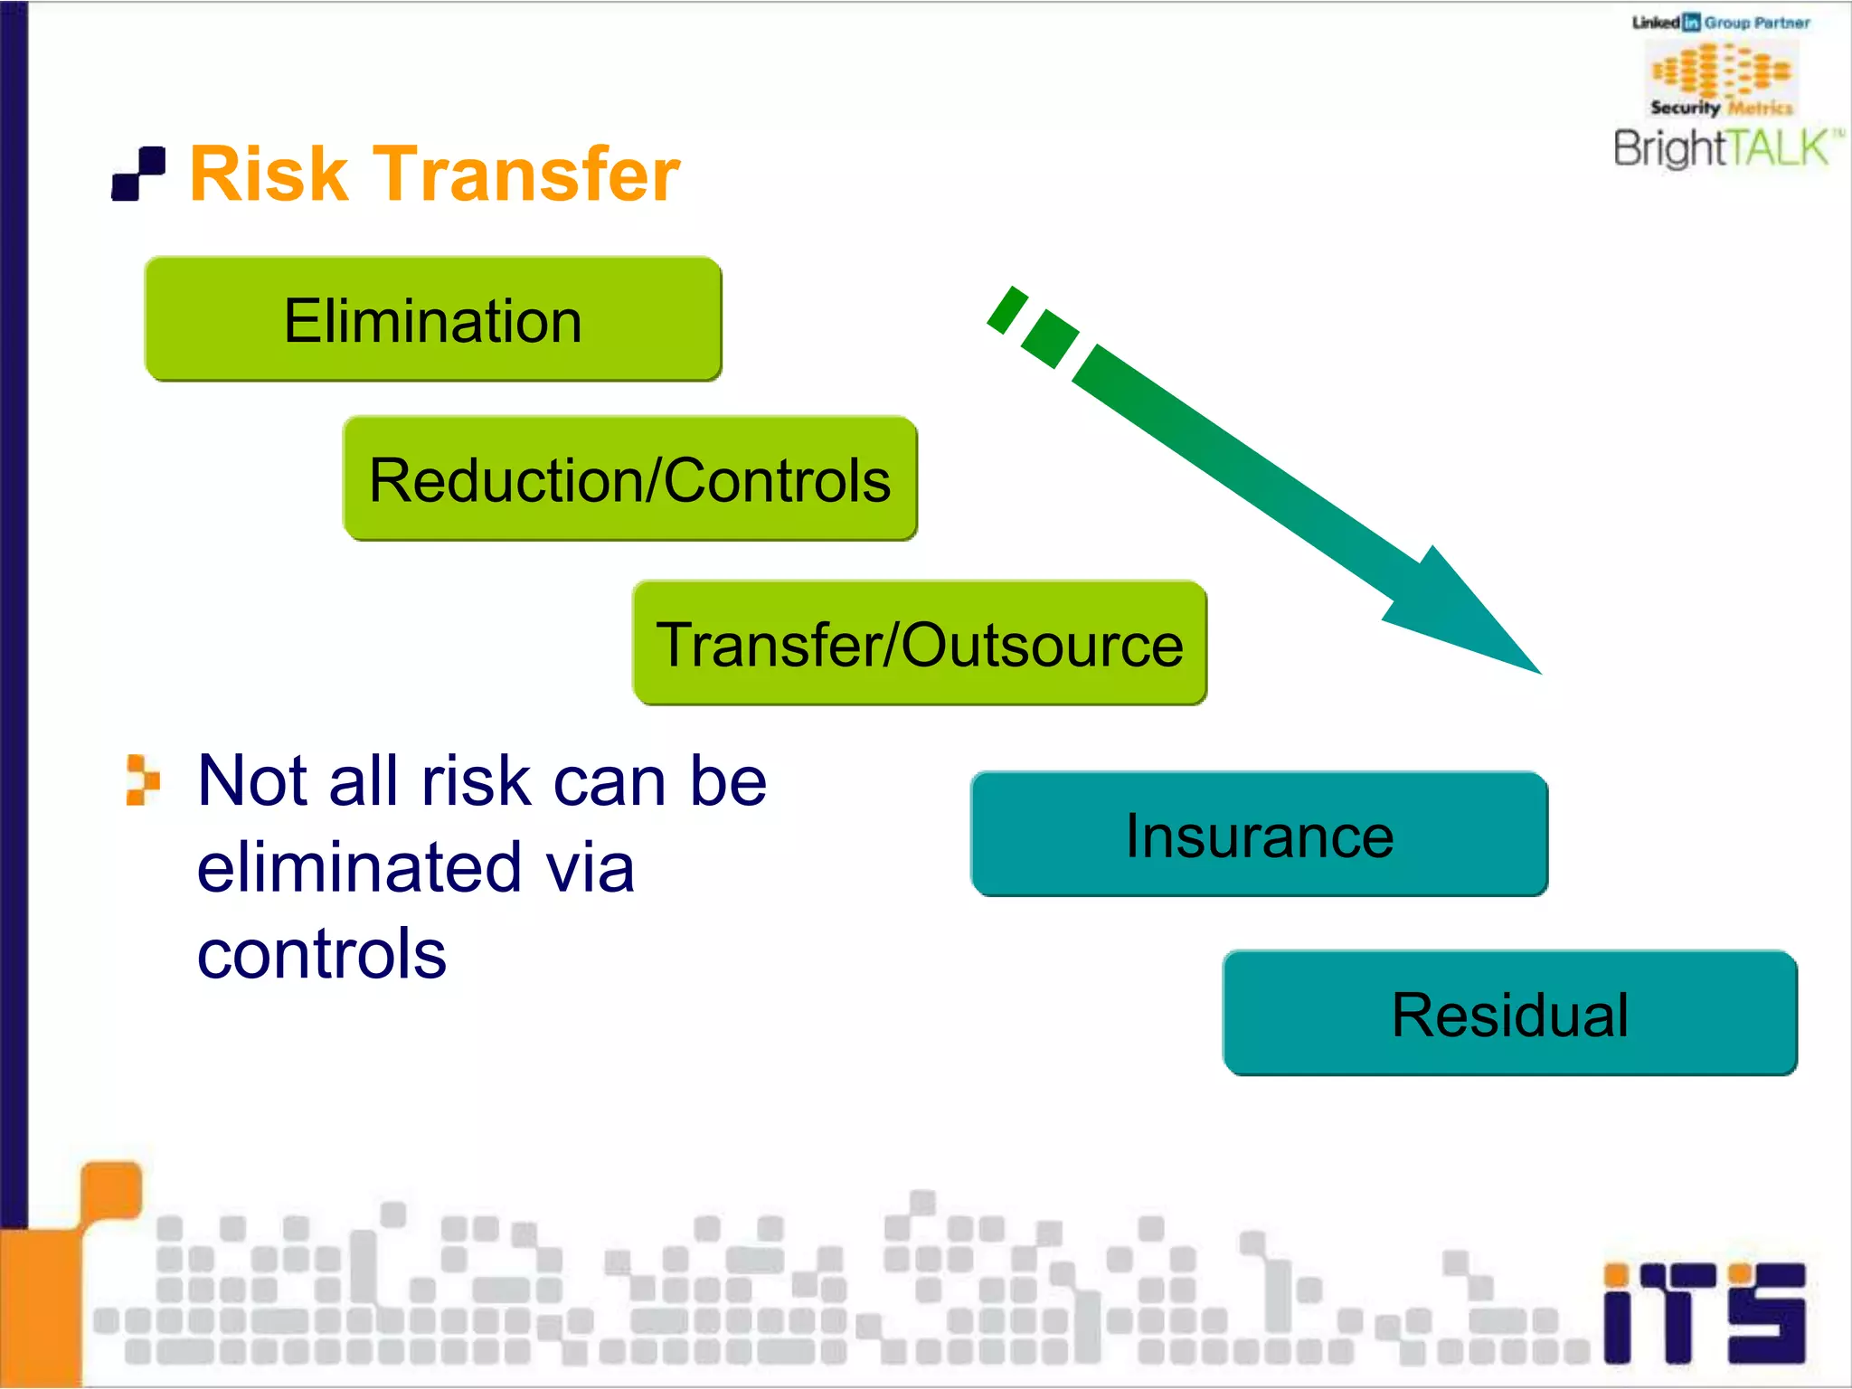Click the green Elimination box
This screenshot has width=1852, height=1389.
coord(432,319)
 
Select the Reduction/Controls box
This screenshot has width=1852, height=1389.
coord(629,478)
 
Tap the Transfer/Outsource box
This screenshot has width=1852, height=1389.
coord(919,643)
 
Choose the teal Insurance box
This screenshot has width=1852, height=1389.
coord(1259,834)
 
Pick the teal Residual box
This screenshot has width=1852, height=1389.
coord(1509,1013)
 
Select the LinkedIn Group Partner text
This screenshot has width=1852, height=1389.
coord(1721,23)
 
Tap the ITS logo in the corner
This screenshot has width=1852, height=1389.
coord(1704,1312)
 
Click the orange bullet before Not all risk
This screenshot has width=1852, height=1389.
coord(142,780)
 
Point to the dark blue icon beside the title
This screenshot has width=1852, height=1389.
coord(138,174)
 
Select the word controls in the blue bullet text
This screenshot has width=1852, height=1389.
coord(321,954)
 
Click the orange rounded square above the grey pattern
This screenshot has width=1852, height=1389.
coord(112,1190)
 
